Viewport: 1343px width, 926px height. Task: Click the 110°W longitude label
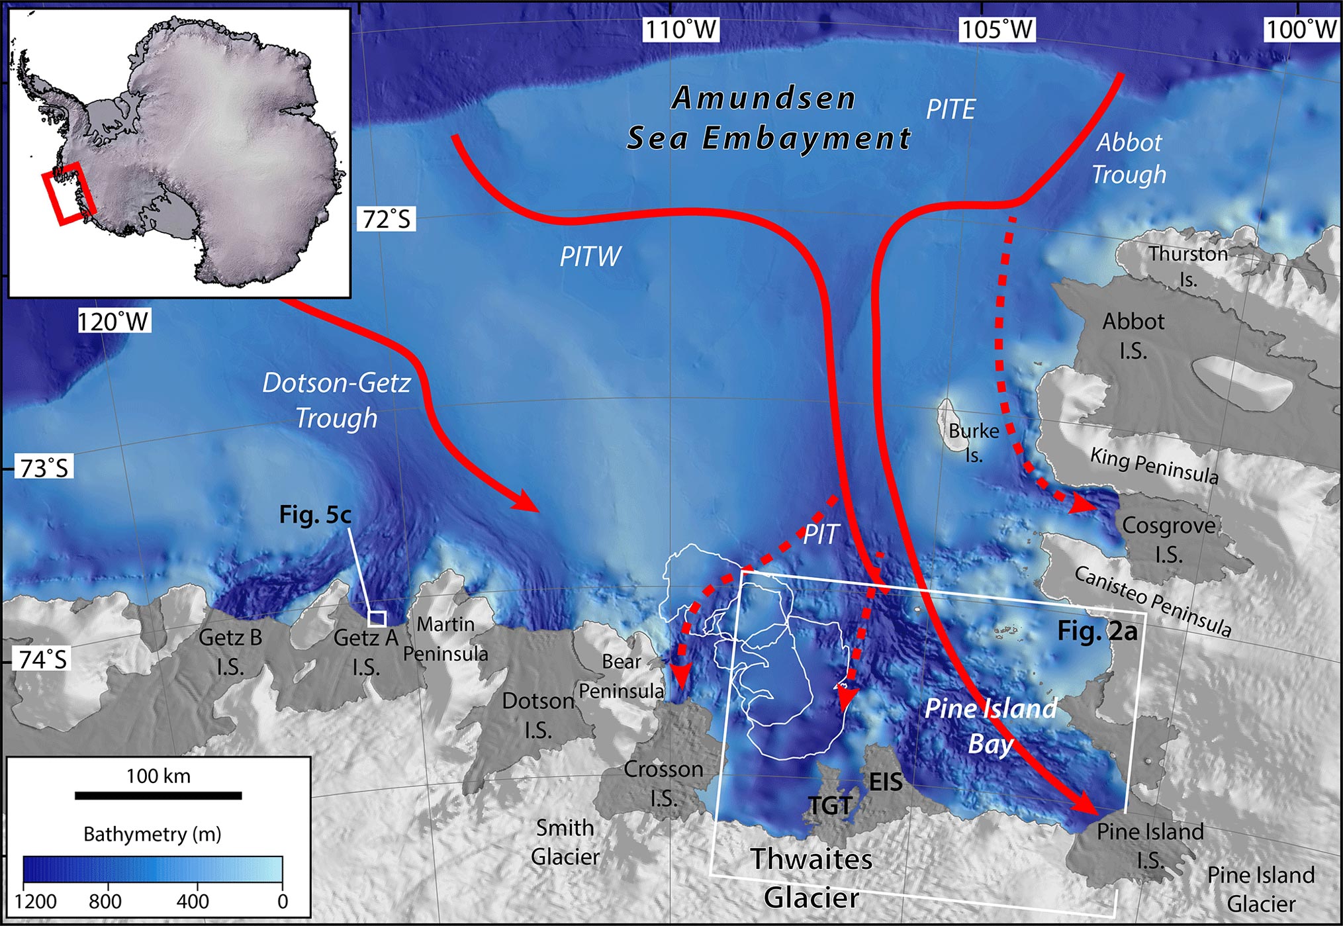point(681,29)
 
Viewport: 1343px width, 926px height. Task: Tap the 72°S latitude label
point(387,219)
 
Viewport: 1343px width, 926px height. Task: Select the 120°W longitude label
point(114,322)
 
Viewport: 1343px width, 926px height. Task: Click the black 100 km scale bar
point(158,795)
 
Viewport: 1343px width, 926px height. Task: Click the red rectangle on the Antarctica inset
point(68,193)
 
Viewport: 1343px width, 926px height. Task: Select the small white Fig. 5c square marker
point(377,619)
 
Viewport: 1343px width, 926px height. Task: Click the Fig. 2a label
point(1097,631)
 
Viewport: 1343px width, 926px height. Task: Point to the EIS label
point(886,782)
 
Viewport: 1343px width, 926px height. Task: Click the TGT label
point(831,806)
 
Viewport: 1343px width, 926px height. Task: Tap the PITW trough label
point(590,257)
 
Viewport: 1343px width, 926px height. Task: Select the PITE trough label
point(950,110)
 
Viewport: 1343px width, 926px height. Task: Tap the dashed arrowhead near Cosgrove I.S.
point(1082,503)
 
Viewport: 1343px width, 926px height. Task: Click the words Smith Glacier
point(565,842)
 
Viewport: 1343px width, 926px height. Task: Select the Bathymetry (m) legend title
point(152,834)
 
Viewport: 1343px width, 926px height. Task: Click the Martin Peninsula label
point(445,639)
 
